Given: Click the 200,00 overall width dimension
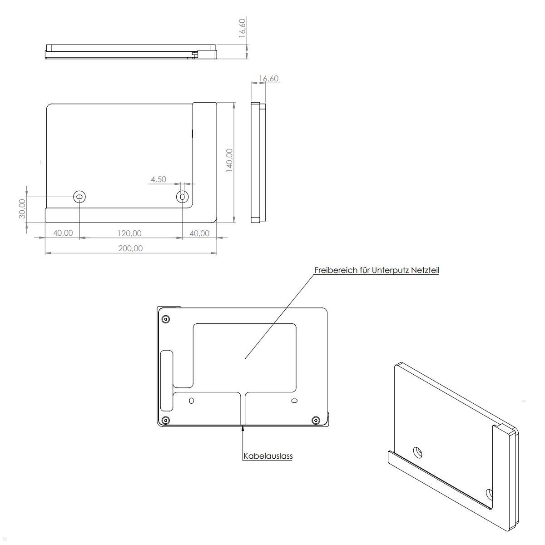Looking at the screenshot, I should pyautogui.click(x=130, y=248).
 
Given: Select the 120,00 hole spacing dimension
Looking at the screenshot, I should pyautogui.click(x=130, y=233).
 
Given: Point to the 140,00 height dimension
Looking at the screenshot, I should pyautogui.click(x=229, y=160).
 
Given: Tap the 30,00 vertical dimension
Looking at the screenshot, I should pyautogui.click(x=22, y=208).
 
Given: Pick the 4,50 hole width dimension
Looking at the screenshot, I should pyautogui.click(x=158, y=179).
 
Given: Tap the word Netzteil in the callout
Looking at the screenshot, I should pyautogui.click(x=425, y=270).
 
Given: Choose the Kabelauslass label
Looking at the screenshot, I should pyautogui.click(x=268, y=456).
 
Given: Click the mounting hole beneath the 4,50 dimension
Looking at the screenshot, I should pyautogui.click(x=182, y=196).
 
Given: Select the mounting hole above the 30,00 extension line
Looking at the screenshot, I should pyautogui.click(x=80, y=196).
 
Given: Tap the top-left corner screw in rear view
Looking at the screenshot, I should pyautogui.click(x=166, y=319).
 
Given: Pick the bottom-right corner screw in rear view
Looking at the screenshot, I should pyautogui.click(x=316, y=420).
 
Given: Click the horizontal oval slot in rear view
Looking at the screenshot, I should pyautogui.click(x=294, y=401).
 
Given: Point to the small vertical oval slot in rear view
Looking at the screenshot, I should pyautogui.click(x=191, y=401).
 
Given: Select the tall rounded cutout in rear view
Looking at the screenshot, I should pyautogui.click(x=167, y=380).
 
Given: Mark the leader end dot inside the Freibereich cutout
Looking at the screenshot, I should pyautogui.click(x=246, y=358).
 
